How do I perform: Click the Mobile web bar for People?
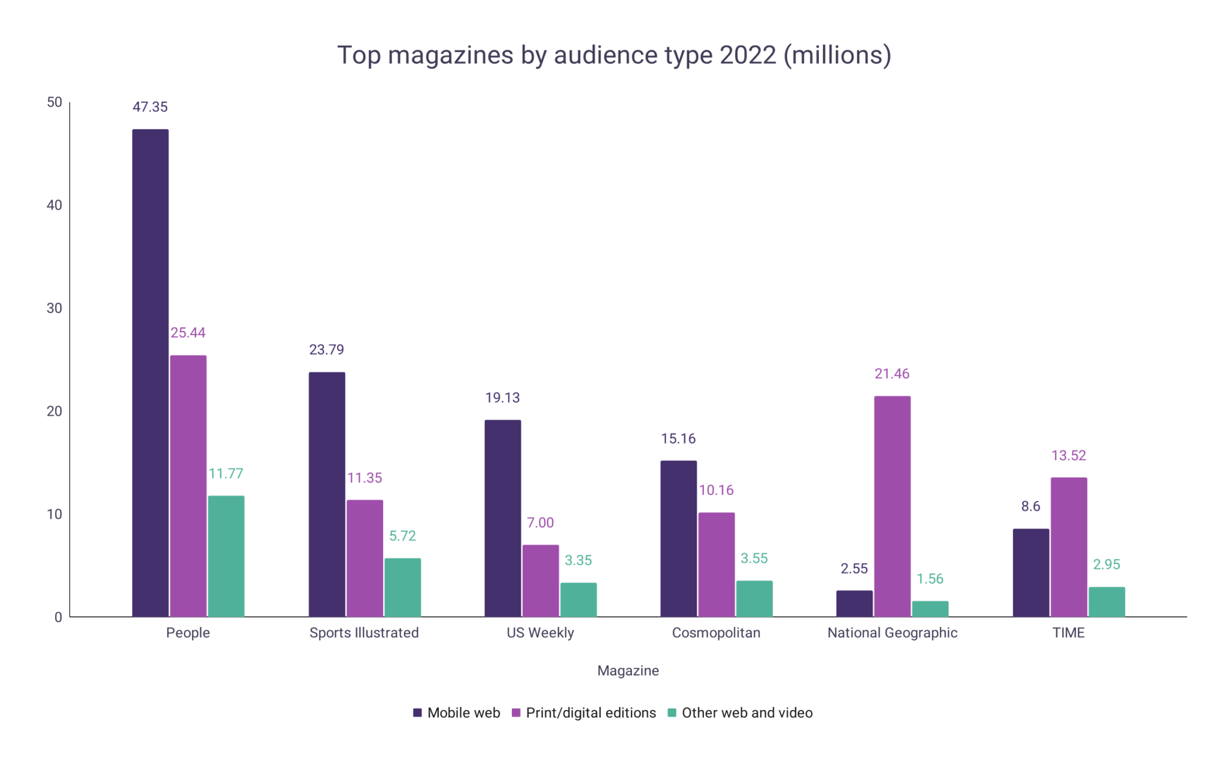150,373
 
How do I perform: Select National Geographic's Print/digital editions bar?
892,506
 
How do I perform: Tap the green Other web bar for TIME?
1106,602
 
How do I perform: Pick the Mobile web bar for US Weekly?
502,518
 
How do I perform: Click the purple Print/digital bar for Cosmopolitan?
716,564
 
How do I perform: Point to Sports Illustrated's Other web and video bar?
402,587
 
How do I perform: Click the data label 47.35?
150,107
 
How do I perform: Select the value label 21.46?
891,374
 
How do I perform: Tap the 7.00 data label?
540,523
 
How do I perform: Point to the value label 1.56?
930,579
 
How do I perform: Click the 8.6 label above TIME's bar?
1030,506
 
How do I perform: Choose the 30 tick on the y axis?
54,308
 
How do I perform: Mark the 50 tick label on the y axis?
54,102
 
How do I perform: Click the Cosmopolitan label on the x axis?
716,633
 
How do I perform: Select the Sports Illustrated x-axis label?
364,633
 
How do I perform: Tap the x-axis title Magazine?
628,670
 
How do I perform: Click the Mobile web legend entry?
463,713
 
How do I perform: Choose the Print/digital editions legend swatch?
516,713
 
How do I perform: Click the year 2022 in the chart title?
748,55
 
